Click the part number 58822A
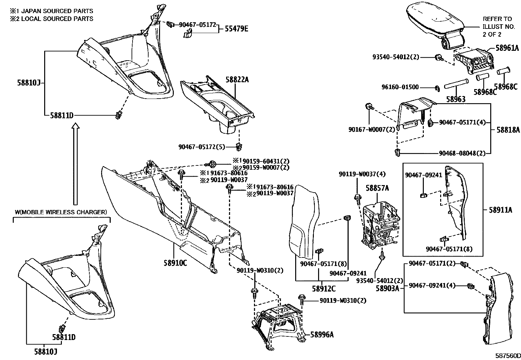237,80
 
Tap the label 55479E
236,28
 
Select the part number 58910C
175,263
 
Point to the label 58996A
322,335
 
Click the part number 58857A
377,188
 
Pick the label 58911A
500,210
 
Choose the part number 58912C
324,289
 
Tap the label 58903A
387,289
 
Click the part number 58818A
508,130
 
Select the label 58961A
507,48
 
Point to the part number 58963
456,100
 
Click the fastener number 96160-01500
400,87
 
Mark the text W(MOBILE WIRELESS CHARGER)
61,212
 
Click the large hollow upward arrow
75,164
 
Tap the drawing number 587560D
508,356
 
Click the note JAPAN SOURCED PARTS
57,11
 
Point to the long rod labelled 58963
456,84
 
